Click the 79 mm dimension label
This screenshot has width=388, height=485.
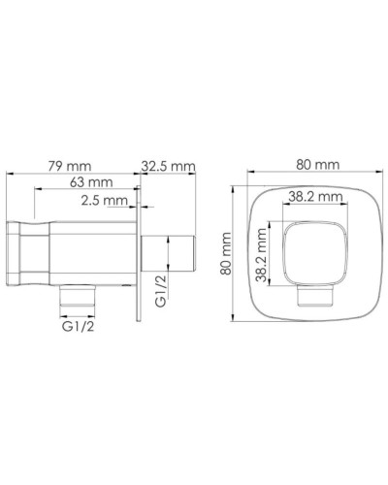click(x=70, y=166)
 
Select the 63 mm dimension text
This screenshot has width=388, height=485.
click(x=91, y=182)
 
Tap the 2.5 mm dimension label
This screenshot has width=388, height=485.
click(x=105, y=201)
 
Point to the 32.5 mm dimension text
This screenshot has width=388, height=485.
click(x=169, y=166)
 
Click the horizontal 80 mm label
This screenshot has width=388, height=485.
click(x=318, y=165)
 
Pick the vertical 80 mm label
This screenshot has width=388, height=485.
click(x=226, y=253)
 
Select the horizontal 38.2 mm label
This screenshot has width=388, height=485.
click(x=315, y=196)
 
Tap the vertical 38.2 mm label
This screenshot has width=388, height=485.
click(x=261, y=255)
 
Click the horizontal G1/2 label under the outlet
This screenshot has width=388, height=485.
click(x=78, y=327)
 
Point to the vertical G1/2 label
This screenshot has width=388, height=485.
click(x=161, y=290)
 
